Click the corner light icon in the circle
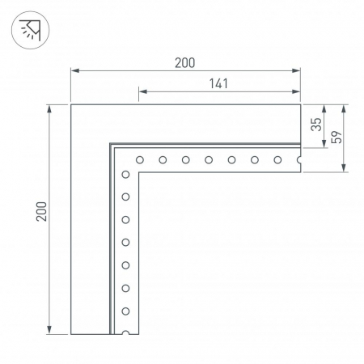point(30,31)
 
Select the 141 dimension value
point(218,82)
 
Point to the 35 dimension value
point(316,125)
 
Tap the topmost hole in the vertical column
point(125,174)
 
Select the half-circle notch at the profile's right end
point(299,160)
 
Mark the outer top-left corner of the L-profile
point(71,104)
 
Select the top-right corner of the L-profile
point(301,104)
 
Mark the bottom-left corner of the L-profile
point(71,333)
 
